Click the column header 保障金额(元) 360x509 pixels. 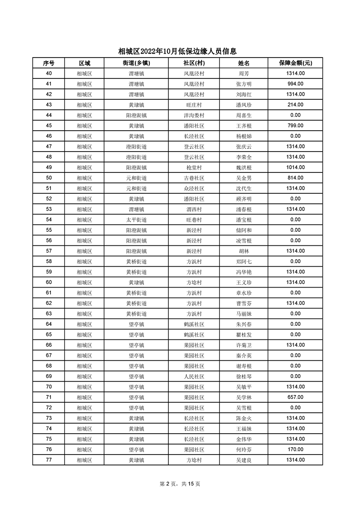pos(295,63)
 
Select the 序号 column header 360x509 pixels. pos(49,63)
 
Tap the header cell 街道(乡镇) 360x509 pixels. pos(136,63)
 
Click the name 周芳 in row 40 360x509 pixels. pos(244,73)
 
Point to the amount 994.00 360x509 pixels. pos(295,84)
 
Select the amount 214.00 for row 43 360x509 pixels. pos(295,105)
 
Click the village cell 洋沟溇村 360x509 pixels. pos(194,115)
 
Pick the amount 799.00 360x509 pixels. pos(295,126)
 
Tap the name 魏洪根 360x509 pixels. pos(244,167)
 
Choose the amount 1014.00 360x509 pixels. pos(295,167)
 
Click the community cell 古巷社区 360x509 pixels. pos(194,178)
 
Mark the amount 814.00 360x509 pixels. pos(295,178)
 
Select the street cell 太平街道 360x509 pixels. pos(136,220)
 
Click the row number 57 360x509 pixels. pos(49,251)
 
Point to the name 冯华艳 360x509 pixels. pos(244,272)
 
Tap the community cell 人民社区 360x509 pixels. pos(194,377)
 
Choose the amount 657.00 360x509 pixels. pos(295,397)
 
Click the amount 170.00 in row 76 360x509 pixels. pos(295,450)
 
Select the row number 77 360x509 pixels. pos(49,460)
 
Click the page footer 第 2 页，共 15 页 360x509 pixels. pos(180,484)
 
